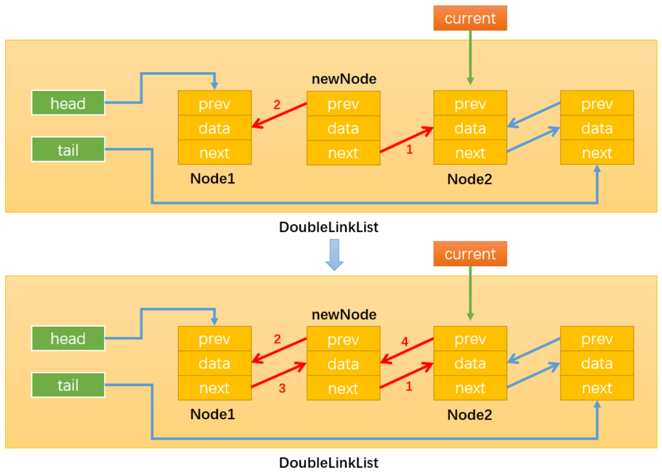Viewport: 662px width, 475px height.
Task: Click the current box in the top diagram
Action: point(470,18)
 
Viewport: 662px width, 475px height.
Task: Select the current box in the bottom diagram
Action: point(470,254)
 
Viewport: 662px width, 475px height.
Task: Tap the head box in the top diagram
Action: point(68,103)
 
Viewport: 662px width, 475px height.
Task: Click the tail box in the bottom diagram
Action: point(68,385)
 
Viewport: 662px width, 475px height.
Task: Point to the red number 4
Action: point(405,341)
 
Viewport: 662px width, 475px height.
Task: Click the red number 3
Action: point(282,388)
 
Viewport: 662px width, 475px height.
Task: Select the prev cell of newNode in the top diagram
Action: point(343,104)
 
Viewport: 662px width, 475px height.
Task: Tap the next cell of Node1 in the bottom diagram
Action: point(215,388)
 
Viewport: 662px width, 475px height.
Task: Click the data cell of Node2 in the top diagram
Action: point(470,127)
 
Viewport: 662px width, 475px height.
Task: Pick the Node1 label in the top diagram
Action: point(213,179)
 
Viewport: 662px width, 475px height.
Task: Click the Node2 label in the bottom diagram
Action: point(469,415)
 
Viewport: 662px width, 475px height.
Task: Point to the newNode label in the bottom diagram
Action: point(344,314)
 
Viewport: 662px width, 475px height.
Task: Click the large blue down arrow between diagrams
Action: point(334,255)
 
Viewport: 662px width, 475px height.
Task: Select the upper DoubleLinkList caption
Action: point(329,227)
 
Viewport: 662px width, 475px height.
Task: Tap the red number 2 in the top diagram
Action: point(277,105)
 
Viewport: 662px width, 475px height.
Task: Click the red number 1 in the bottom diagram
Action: point(409,386)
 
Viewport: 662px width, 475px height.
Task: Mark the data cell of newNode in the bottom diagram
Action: point(343,364)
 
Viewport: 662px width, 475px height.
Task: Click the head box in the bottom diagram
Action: point(68,338)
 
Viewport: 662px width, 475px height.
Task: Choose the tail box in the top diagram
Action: point(68,149)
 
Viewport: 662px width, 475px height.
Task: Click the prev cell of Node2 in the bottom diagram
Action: point(470,339)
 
